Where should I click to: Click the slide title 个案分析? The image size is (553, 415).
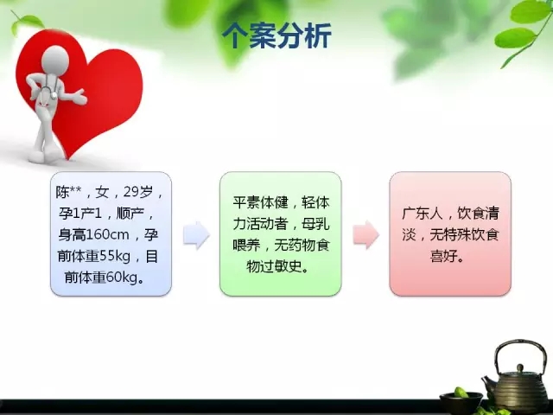[x=276, y=35]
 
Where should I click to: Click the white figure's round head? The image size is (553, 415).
[x=55, y=60]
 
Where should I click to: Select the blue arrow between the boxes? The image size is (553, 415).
[x=196, y=234]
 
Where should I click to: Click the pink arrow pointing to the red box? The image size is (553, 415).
[x=366, y=234]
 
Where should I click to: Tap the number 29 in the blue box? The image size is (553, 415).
[x=130, y=192]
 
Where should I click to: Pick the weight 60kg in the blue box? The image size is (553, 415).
[x=121, y=278]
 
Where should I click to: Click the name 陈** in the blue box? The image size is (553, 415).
[x=68, y=192]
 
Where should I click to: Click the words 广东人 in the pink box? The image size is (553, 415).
[x=423, y=214]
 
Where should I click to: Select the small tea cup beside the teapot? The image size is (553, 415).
[x=461, y=401]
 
